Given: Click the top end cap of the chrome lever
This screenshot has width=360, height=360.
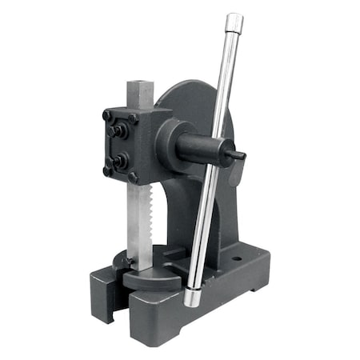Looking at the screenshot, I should (234, 22).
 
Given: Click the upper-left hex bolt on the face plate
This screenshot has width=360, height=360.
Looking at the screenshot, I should (107, 116).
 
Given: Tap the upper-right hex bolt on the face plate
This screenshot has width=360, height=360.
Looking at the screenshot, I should (133, 120).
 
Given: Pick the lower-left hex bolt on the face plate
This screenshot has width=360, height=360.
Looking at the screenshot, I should (107, 169).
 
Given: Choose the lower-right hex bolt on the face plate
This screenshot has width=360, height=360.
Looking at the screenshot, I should (133, 177).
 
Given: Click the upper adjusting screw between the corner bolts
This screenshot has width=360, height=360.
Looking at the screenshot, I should (118, 130).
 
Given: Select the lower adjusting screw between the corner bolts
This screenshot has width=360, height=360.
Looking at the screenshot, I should (118, 160).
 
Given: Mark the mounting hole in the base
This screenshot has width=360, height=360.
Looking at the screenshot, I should (238, 259).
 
